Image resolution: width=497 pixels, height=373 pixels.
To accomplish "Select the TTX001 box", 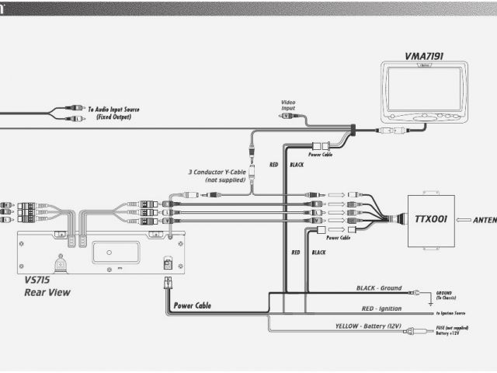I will (426, 219).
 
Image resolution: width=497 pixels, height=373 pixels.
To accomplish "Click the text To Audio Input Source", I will (113, 110).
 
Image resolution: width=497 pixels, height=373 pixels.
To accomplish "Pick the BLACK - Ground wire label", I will (379, 288).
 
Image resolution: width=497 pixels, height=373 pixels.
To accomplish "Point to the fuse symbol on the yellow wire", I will (420, 331).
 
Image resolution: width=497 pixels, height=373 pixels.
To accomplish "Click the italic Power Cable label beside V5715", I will (192, 305).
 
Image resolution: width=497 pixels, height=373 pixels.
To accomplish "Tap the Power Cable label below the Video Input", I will (321, 154).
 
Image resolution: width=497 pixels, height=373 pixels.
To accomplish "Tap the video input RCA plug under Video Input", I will (288, 115).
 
